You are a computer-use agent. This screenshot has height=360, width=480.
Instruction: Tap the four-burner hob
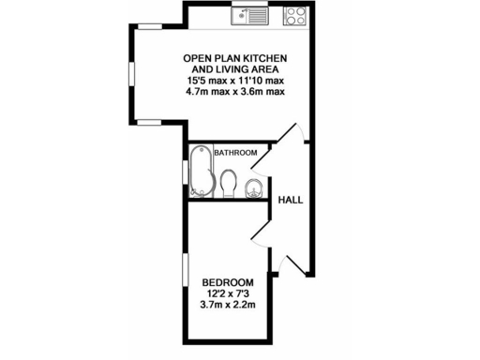point(295,14)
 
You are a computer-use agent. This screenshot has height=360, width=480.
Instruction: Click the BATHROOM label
point(235,152)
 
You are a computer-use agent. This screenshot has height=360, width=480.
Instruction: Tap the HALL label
point(290,200)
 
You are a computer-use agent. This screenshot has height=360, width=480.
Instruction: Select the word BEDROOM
point(228,282)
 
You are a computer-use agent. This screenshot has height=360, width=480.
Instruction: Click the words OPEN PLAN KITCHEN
point(234,58)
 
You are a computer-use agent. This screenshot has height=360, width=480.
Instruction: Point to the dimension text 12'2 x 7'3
point(228,292)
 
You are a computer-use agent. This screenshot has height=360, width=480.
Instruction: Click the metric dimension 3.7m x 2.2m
point(228,304)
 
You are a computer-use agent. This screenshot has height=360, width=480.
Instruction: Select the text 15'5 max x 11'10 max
point(235,81)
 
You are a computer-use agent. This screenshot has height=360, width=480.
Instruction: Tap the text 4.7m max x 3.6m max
point(235,92)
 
